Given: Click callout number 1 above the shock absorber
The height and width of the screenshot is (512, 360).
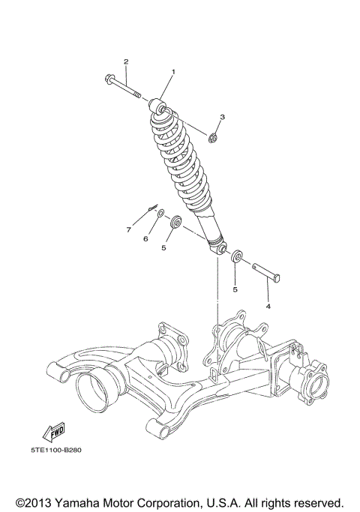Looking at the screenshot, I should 173,72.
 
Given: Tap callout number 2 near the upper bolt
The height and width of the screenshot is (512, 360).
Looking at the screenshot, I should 126,61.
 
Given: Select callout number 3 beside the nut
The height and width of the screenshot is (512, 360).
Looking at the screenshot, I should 222,118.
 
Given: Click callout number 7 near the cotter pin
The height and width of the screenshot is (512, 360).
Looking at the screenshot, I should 128,229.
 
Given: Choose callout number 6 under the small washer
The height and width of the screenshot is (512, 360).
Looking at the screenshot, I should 145,238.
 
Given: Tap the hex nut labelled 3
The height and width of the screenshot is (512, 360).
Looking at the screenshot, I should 213,136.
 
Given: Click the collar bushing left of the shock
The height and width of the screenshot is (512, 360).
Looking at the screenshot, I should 178,222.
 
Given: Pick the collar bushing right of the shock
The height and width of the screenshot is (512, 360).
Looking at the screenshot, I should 235,257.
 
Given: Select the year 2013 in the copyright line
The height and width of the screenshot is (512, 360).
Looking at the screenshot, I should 41,502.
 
